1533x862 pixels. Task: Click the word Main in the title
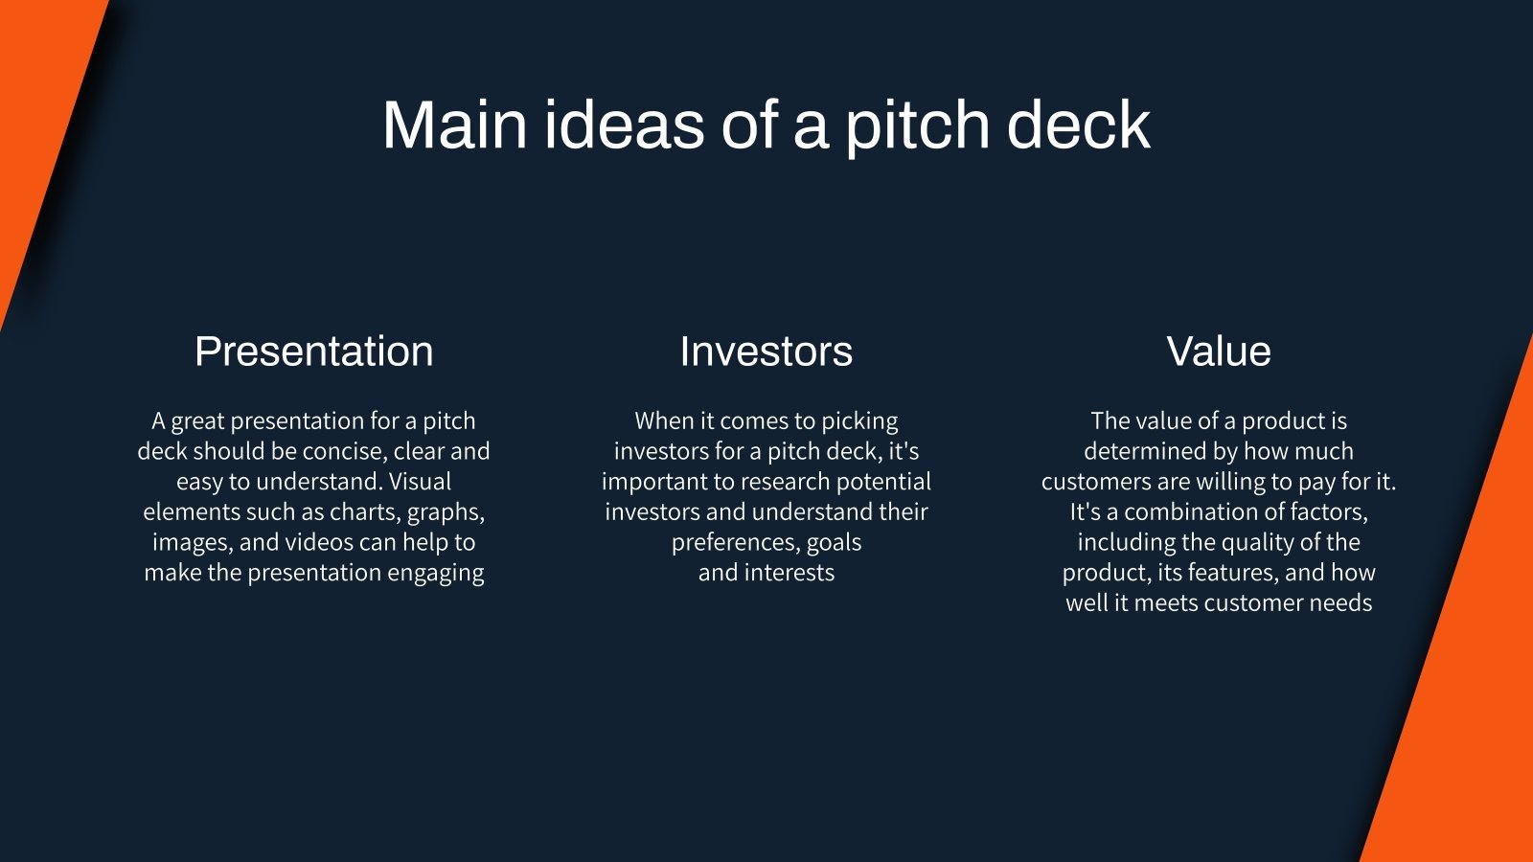(454, 125)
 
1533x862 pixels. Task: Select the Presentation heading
(313, 352)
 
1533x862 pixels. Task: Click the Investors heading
(766, 352)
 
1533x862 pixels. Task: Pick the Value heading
(1218, 352)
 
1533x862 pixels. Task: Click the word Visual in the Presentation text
(420, 481)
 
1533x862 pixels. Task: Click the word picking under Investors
(859, 421)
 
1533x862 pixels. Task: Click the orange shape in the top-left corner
(38, 115)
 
